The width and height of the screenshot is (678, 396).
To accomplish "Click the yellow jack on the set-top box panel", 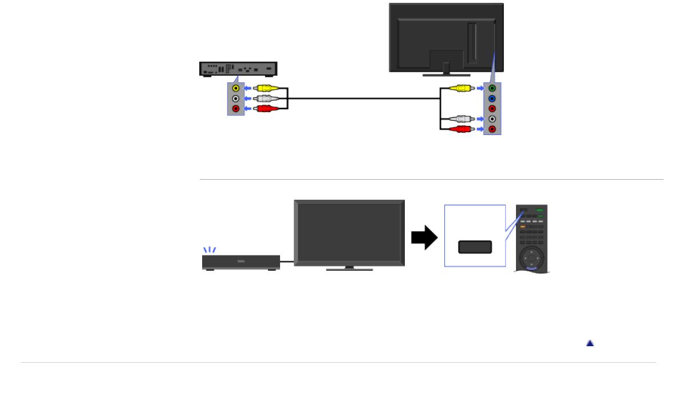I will click(x=235, y=89).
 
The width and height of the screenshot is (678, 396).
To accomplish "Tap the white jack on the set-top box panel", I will click(x=235, y=98).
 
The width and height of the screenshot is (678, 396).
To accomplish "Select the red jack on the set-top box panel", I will click(x=235, y=108).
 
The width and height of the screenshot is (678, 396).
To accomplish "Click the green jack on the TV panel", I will click(x=492, y=89).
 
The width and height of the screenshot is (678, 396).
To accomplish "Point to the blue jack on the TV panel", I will click(x=492, y=98).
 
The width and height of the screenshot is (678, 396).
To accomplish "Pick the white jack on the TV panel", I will click(x=492, y=119).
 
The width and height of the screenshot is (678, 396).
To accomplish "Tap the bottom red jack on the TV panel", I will click(x=492, y=129).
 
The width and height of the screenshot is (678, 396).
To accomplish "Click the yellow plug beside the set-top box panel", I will click(x=266, y=89).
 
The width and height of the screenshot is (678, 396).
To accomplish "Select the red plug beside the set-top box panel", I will click(x=266, y=108).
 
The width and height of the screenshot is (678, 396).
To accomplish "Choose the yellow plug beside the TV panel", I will click(x=461, y=89).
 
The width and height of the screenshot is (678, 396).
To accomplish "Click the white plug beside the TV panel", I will click(x=461, y=119).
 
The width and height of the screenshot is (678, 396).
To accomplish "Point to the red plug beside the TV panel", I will click(x=461, y=129).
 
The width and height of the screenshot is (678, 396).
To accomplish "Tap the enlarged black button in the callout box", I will click(x=475, y=247).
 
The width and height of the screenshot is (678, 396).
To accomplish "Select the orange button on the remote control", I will click(x=523, y=227).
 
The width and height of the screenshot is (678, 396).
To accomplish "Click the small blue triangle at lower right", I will click(x=590, y=343).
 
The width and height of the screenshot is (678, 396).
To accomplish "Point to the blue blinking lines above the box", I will click(x=210, y=250).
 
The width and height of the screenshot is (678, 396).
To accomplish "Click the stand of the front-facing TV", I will click(x=349, y=268).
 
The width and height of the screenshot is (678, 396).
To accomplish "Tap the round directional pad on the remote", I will click(x=531, y=258).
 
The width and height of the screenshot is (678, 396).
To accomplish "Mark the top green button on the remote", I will click(x=539, y=210).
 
